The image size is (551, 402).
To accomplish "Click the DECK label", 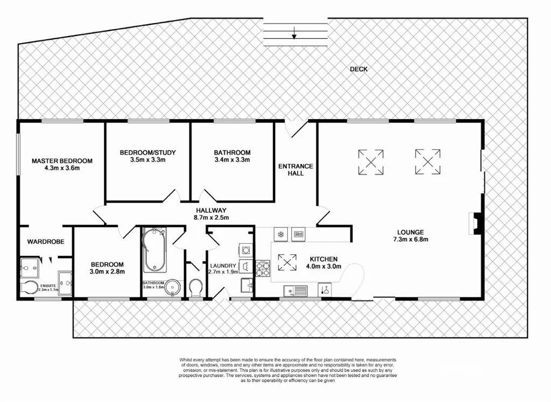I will click(358, 69).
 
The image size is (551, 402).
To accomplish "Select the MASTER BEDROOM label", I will click(62, 161).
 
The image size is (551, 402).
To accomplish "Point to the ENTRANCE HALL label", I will click(295, 170).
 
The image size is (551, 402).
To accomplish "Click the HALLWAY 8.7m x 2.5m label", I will click(211, 214).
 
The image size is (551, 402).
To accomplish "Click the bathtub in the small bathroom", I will click(155, 250).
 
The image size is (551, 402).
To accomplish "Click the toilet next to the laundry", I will click(195, 287).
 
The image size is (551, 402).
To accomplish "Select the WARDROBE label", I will click(46, 242).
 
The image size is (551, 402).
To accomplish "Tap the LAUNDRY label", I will click(223, 266).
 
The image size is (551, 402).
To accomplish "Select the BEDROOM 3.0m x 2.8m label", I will click(107, 268).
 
